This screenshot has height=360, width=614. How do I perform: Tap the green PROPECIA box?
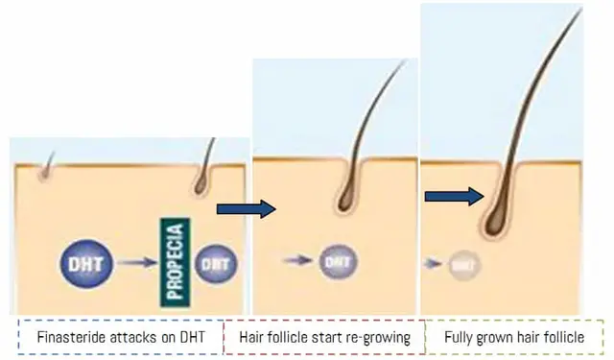176,261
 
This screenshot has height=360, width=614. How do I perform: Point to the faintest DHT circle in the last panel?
462,261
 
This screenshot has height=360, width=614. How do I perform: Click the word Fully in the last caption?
460,337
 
